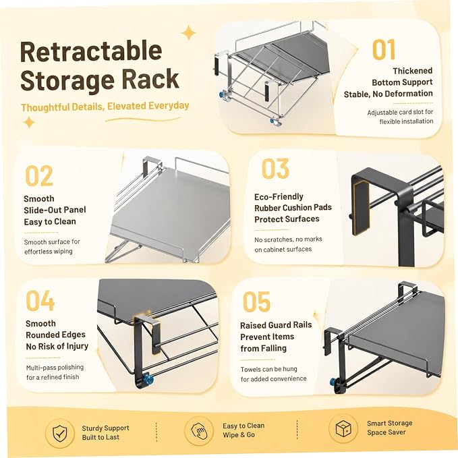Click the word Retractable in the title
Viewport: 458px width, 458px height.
coord(91,52)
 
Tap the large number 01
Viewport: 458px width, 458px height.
coord(384,50)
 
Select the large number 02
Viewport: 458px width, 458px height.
coord(39,175)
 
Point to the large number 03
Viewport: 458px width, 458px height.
coord(275,169)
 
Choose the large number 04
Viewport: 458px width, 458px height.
coord(40,301)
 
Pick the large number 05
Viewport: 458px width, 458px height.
coord(256,302)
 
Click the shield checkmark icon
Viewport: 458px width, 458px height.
coord(59,432)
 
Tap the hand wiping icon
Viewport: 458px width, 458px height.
coord(199,431)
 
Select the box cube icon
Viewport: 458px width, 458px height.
coord(343,428)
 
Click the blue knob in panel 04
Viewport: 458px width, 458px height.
coord(149,379)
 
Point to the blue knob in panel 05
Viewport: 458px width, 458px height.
coord(333,382)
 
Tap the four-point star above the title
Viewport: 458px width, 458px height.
coord(189,32)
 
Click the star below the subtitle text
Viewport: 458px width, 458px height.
coord(29,122)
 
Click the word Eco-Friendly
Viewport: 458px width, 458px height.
coord(279,196)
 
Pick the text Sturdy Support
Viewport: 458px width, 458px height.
coord(105,428)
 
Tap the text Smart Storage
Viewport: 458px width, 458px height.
coord(390,423)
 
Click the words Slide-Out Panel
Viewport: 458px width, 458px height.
coord(55,210)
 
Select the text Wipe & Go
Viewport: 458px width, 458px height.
coord(239,435)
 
